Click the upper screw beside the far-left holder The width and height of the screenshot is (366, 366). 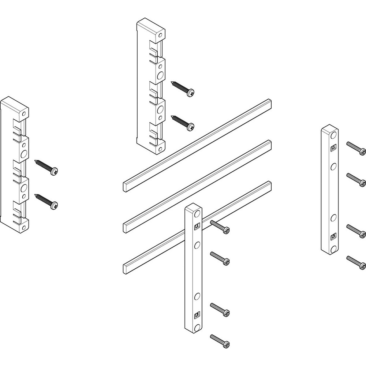coord(46,166)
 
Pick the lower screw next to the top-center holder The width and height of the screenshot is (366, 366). coord(183,123)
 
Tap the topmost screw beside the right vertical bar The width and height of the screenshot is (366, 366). coord(355,147)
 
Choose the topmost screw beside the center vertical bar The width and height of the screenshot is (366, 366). coord(220,227)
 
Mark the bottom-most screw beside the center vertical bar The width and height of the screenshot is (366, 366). coord(220,340)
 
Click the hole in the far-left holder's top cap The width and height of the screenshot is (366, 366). coord(24,114)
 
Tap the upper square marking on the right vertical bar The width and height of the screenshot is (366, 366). coord(333,148)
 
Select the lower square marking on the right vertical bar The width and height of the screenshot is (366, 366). coord(333,236)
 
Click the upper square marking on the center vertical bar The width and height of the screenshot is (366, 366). coord(197,227)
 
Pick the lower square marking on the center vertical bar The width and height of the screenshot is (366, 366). coord(197,314)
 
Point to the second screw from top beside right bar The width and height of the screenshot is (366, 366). coord(355,179)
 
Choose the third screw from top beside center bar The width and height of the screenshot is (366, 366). coord(220,309)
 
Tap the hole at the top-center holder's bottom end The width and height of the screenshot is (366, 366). coord(160,149)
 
